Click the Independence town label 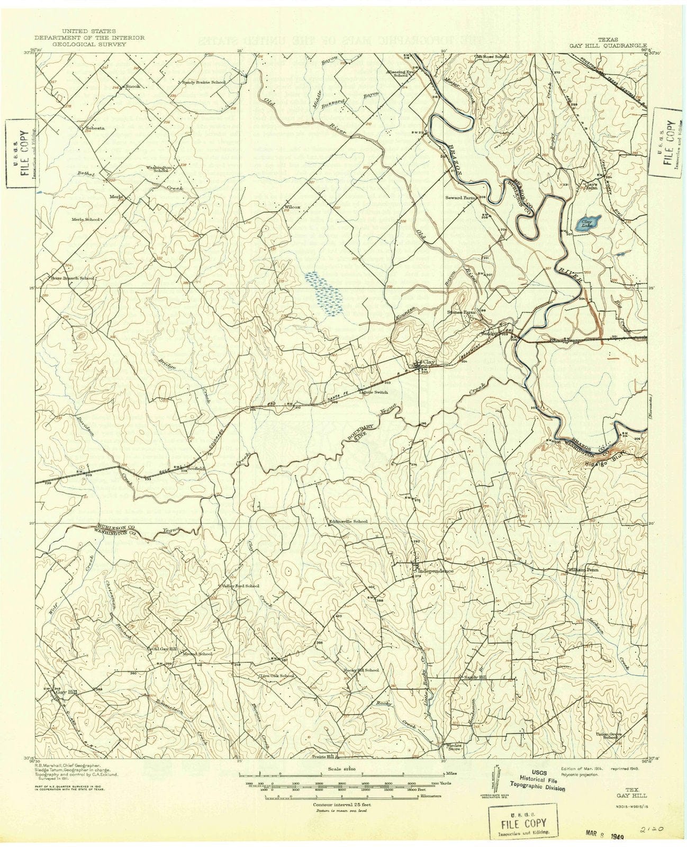pos(436,571)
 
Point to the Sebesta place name pos(92,128)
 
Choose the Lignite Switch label pos(374,392)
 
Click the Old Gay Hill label pos(164,648)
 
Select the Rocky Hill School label pos(361,670)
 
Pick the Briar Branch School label pos(73,278)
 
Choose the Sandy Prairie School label pos(204,83)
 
